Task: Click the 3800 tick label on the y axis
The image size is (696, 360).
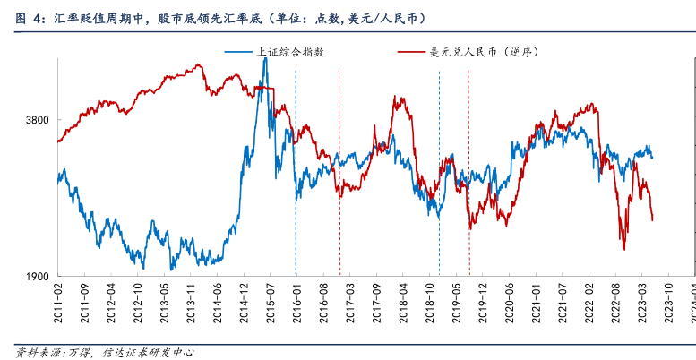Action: click(x=37, y=120)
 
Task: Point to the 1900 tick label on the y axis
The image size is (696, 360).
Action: click(x=37, y=277)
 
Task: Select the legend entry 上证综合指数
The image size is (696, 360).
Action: click(x=290, y=52)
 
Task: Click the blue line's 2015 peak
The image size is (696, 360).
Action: click(x=264, y=83)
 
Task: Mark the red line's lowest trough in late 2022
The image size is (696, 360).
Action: click(x=623, y=249)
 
